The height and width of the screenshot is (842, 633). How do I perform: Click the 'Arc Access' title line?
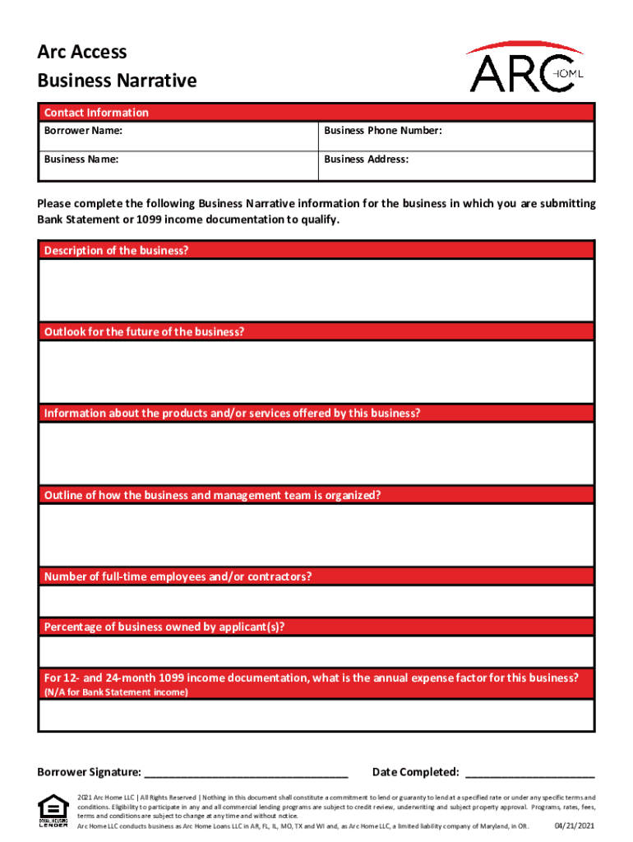[82, 52]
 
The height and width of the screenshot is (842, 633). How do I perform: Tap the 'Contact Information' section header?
[96, 113]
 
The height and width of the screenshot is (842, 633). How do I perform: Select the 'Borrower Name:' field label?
[84, 131]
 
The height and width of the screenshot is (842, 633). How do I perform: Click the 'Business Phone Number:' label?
[383, 131]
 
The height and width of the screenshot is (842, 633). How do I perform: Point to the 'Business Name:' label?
[81, 160]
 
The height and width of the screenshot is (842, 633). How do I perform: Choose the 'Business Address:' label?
[366, 160]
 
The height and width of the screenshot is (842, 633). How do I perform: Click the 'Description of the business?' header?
[116, 250]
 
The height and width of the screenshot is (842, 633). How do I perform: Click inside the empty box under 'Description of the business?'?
[316, 289]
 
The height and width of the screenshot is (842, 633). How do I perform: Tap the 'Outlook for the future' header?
[144, 331]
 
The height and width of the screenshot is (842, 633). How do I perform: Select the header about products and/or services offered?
[232, 413]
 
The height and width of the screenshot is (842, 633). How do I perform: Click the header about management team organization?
[212, 495]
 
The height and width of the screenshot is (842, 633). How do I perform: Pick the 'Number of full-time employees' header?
[178, 576]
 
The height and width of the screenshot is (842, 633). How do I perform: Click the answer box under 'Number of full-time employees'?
[316, 601]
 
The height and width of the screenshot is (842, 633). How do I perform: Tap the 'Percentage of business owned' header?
[164, 627]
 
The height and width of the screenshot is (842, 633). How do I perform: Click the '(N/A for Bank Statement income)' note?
[116, 692]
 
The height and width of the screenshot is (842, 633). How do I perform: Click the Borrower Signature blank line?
[247, 772]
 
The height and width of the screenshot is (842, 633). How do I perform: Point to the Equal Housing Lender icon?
[53, 811]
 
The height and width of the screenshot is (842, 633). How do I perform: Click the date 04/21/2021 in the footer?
[574, 825]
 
